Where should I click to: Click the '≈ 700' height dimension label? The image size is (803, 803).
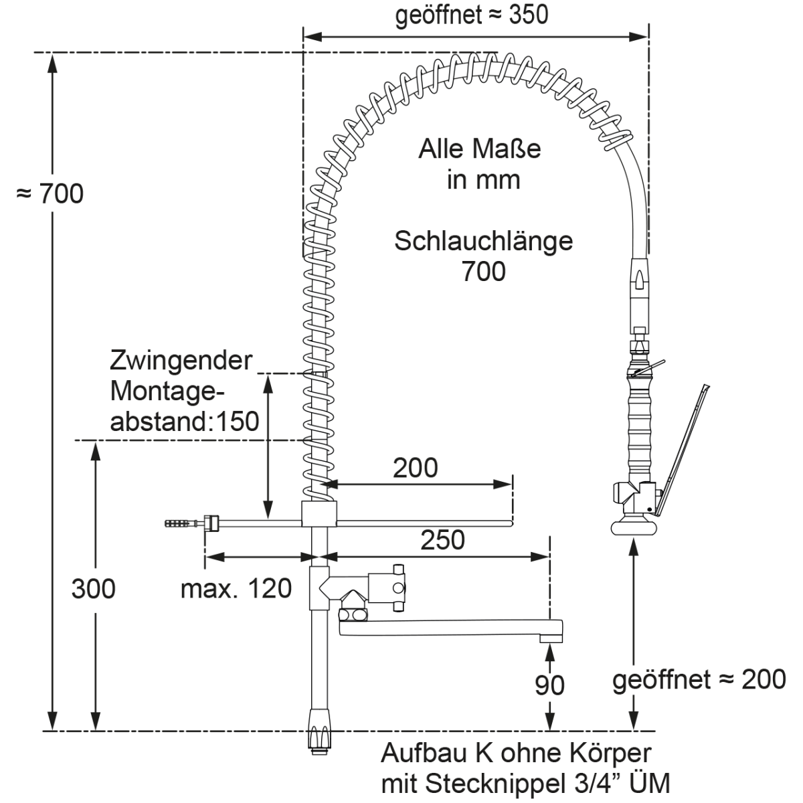[50, 194]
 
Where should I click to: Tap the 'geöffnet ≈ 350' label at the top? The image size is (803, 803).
[471, 15]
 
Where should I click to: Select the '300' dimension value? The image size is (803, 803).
[93, 588]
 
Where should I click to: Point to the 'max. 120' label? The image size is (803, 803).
[236, 588]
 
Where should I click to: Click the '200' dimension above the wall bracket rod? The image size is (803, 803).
[415, 468]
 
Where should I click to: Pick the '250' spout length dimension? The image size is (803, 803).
[442, 539]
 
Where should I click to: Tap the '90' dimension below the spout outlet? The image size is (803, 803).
[549, 685]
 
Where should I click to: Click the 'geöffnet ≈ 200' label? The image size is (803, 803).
[699, 680]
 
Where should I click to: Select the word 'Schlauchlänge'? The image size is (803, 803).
[483, 241]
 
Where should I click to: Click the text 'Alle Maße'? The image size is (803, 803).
[479, 149]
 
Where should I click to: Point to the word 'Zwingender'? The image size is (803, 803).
[181, 361]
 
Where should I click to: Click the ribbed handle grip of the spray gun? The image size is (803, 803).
[638, 428]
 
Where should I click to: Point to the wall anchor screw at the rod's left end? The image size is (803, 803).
[179, 523]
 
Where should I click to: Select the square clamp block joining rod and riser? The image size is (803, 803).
[319, 514]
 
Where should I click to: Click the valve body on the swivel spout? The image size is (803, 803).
[385, 587]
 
